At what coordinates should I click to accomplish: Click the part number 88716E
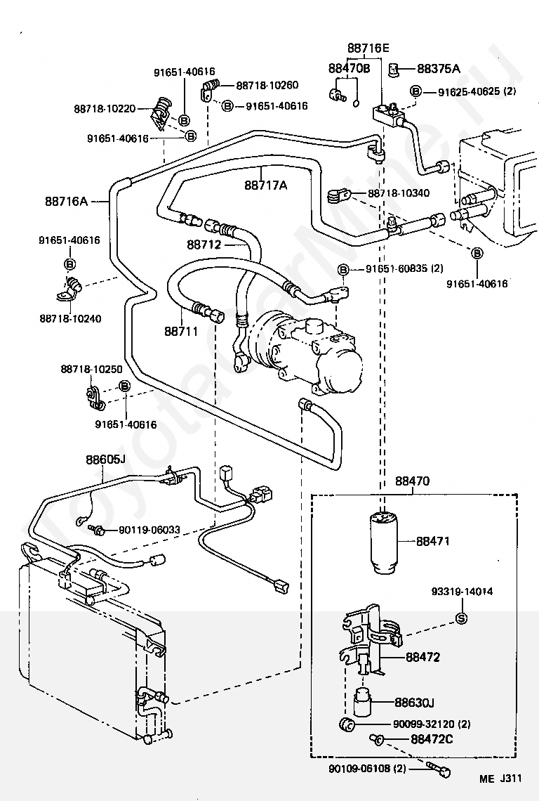click(368, 48)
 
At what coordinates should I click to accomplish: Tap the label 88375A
click(439, 68)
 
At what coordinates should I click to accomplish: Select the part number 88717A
click(266, 185)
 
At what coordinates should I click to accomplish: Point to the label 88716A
click(65, 202)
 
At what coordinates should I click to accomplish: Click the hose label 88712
click(204, 245)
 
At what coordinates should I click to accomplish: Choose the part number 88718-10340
click(399, 193)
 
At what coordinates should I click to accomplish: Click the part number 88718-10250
click(91, 370)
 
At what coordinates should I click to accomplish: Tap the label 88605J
click(105, 460)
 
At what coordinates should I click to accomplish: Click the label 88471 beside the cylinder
click(432, 542)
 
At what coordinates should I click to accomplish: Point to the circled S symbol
click(462, 618)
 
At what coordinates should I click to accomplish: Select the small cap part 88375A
click(395, 68)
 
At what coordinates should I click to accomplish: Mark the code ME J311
click(500, 778)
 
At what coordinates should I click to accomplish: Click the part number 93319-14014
click(462, 592)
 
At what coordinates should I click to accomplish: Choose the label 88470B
click(349, 68)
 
